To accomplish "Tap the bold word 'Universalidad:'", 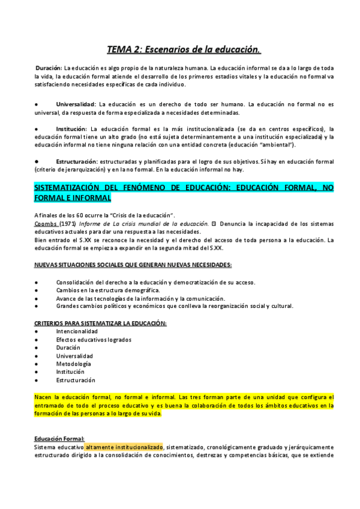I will click(77, 104).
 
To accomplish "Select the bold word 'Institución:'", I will click(72, 129).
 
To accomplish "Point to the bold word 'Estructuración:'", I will click(77, 161).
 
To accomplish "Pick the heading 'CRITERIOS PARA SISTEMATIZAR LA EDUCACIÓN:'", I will click(100, 323).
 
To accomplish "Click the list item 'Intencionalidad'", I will click(77, 331).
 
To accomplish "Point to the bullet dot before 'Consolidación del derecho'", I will click(37, 282).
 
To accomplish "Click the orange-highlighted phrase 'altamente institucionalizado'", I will click(124, 447).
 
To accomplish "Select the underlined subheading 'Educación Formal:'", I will click(59, 439).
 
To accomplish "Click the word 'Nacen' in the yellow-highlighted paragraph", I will click(44, 397).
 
